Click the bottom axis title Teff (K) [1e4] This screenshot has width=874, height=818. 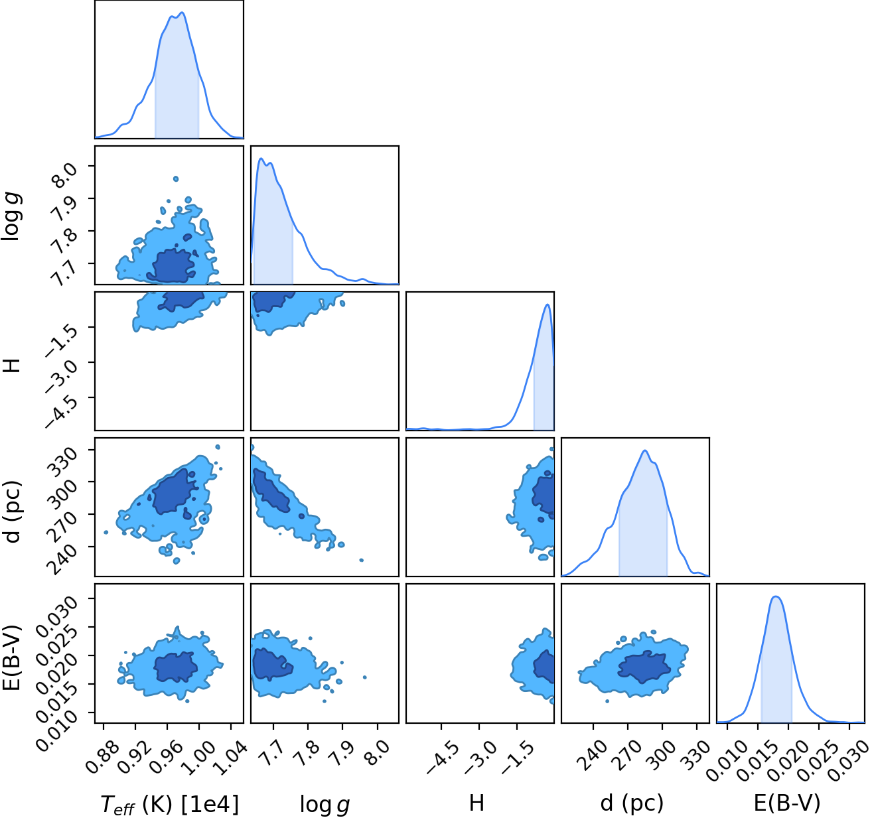click(x=169, y=804)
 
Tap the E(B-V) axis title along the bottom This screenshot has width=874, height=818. click(x=787, y=803)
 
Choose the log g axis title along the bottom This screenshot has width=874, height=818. click(x=325, y=805)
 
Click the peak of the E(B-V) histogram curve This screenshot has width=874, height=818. click(x=776, y=596)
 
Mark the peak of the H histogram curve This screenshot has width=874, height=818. click(x=547, y=305)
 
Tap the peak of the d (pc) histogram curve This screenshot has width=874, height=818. click(x=645, y=450)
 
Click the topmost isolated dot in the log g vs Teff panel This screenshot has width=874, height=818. click(x=176, y=179)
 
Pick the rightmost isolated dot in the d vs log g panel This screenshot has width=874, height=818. click(x=362, y=560)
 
